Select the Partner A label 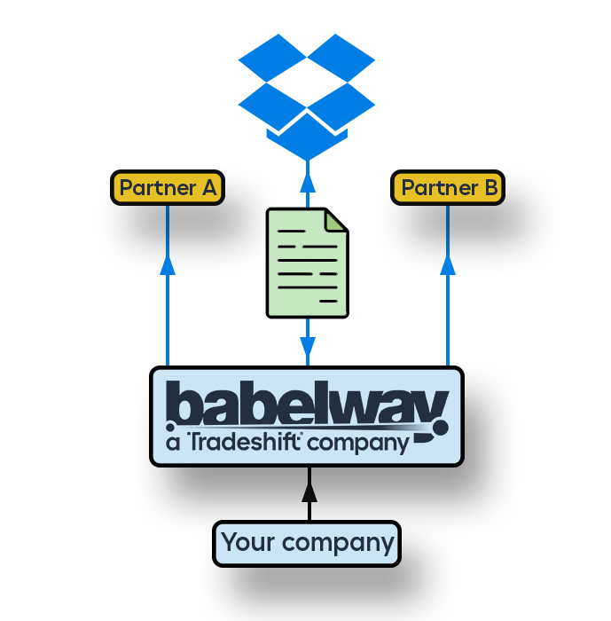pyautogui.click(x=168, y=188)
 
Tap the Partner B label pyautogui.click(x=449, y=188)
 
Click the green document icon pyautogui.click(x=307, y=263)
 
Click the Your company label pyautogui.click(x=307, y=543)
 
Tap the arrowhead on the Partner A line pyautogui.click(x=168, y=263)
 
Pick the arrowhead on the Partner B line pyautogui.click(x=448, y=263)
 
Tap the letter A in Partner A pyautogui.click(x=209, y=188)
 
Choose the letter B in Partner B pyautogui.click(x=490, y=188)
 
